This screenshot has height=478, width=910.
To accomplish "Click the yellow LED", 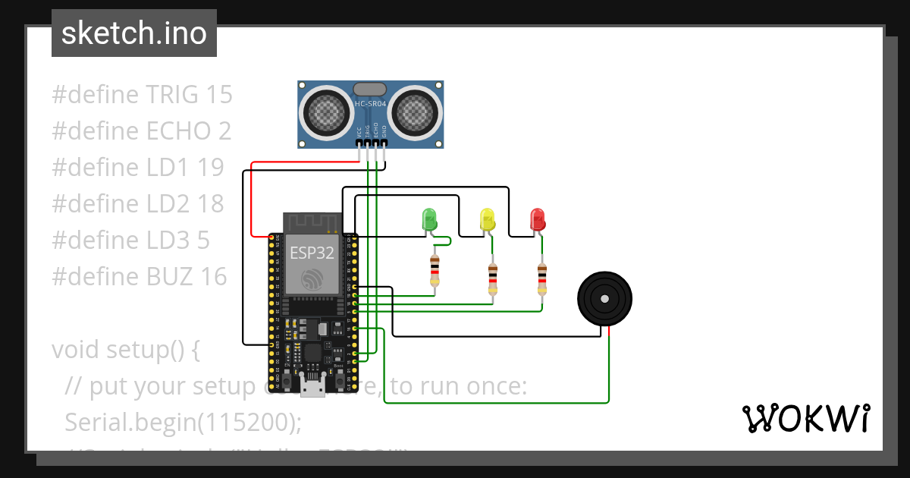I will pyautogui.click(x=488, y=219).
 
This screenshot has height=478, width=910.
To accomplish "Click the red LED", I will pyautogui.click(x=538, y=219).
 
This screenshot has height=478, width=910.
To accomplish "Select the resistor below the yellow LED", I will pyautogui.click(x=494, y=279).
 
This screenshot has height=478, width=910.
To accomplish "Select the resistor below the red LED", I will pyautogui.click(x=542, y=279).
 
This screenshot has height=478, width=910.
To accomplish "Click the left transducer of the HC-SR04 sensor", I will pyautogui.click(x=327, y=114).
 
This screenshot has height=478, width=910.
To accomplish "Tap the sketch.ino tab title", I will pyautogui.click(x=134, y=33).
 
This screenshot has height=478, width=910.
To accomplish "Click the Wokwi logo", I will pyautogui.click(x=805, y=418).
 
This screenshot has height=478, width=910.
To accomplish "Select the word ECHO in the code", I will pyautogui.click(x=176, y=131).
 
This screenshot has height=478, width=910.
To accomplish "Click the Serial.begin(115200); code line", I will pyautogui.click(x=183, y=421).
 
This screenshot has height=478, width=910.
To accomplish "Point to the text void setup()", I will pyautogui.click(x=125, y=350).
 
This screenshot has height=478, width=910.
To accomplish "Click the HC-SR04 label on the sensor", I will pyautogui.click(x=371, y=102).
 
